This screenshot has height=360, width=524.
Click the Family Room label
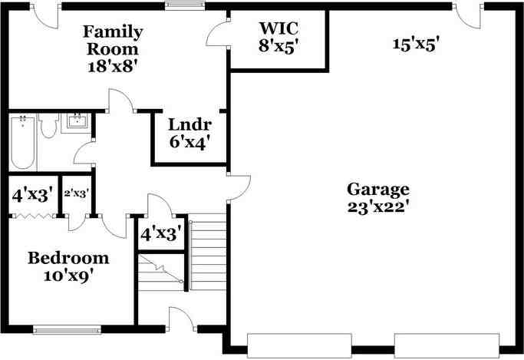[113, 41]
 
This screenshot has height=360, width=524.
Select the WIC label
[278, 29]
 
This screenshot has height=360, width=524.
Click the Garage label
[377, 190]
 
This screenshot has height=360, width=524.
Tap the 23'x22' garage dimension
[377, 207]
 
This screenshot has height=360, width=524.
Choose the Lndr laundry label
[189, 125]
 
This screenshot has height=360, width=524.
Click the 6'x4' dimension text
[189, 142]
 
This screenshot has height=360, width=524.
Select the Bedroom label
[68, 258]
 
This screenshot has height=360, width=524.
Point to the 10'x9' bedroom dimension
[68, 275]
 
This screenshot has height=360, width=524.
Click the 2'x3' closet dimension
[76, 194]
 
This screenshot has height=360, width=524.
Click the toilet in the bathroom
[49, 126]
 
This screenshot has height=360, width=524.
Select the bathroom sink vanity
[77, 123]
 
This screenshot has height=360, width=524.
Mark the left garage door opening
[299, 345]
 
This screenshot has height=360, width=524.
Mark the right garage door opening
[445, 345]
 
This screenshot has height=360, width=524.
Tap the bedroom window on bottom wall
[67, 330]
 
